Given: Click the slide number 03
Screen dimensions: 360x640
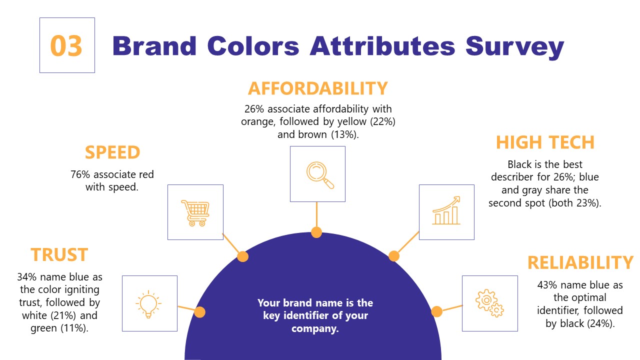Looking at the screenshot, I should coord(66,46).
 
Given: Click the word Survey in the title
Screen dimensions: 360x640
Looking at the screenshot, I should coord(514,46).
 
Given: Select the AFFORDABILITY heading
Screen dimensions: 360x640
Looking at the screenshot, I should coord(317,88).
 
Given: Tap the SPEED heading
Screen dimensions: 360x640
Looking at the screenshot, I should coord(112,152).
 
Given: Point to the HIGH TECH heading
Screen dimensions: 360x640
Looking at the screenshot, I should coord(544,142).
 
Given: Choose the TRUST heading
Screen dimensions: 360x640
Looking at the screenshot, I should coord(59,255).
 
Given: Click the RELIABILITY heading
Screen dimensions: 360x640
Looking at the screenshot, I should coord(580,263).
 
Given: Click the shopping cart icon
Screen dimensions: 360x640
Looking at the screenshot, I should coord(195,212).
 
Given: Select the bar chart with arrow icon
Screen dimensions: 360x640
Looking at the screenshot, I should coord(446,211).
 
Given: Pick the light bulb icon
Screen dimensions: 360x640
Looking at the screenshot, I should coord(149,303).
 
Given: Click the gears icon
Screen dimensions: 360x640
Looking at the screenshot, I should coord(489,303).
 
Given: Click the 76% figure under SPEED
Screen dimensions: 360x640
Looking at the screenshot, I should coord(80,175).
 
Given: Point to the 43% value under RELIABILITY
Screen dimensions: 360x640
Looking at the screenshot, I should coord(548,285).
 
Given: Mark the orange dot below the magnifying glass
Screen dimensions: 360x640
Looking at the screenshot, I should coord(316,232).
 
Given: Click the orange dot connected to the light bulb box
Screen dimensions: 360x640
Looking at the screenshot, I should coord(199,312).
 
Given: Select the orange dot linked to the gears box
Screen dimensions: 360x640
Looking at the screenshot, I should coord(436,311).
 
